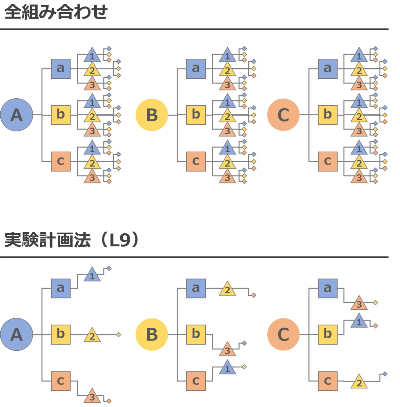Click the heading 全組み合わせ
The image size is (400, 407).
[x=56, y=12]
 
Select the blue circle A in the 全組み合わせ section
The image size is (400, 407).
[x=16, y=115]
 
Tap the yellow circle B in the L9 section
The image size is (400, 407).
[x=152, y=334]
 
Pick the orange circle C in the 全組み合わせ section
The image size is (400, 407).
[x=283, y=115]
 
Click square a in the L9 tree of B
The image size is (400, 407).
[x=196, y=288]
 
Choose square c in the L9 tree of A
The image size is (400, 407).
[x=61, y=381]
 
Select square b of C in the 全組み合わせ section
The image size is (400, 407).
[x=327, y=115]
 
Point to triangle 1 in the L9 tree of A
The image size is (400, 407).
[x=92, y=275]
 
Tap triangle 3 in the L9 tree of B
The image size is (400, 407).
[x=227, y=350]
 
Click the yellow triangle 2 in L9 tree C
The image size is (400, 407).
[x=359, y=382]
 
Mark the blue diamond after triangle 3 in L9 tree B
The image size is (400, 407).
[x=244, y=343]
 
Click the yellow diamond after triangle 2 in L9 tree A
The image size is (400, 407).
[x=118, y=335]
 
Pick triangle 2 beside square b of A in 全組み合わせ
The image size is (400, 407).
[x=92, y=116]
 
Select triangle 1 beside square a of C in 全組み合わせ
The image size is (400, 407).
[x=359, y=55]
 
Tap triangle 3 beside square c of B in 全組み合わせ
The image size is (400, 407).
[x=227, y=177]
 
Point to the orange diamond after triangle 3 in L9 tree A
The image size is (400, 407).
[x=109, y=401]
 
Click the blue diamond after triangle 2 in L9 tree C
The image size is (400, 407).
[x=385, y=374]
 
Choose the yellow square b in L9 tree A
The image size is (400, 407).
[x=61, y=334]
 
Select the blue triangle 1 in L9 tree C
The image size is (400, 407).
[x=359, y=321]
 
